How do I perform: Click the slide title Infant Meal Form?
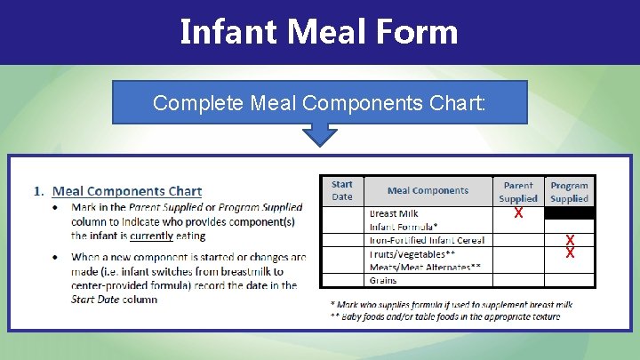click(x=319, y=32)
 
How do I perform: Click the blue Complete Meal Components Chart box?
click(x=319, y=102)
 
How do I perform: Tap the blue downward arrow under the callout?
click(x=319, y=134)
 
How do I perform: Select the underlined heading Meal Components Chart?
click(x=127, y=191)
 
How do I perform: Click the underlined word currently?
click(x=153, y=236)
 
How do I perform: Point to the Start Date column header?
click(x=342, y=190)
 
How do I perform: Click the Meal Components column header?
click(x=428, y=190)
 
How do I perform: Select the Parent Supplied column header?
click(x=518, y=192)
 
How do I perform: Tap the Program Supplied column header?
click(x=569, y=192)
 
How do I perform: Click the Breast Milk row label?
click(x=394, y=213)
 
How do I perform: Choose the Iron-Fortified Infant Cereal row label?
click(x=427, y=240)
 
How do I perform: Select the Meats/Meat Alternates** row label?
click(x=425, y=266)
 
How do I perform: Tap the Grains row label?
click(x=384, y=280)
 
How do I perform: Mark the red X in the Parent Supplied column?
click(x=518, y=214)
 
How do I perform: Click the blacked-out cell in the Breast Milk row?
click(x=569, y=213)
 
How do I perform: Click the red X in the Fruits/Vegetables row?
click(x=570, y=253)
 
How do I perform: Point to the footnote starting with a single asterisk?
click(x=451, y=304)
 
